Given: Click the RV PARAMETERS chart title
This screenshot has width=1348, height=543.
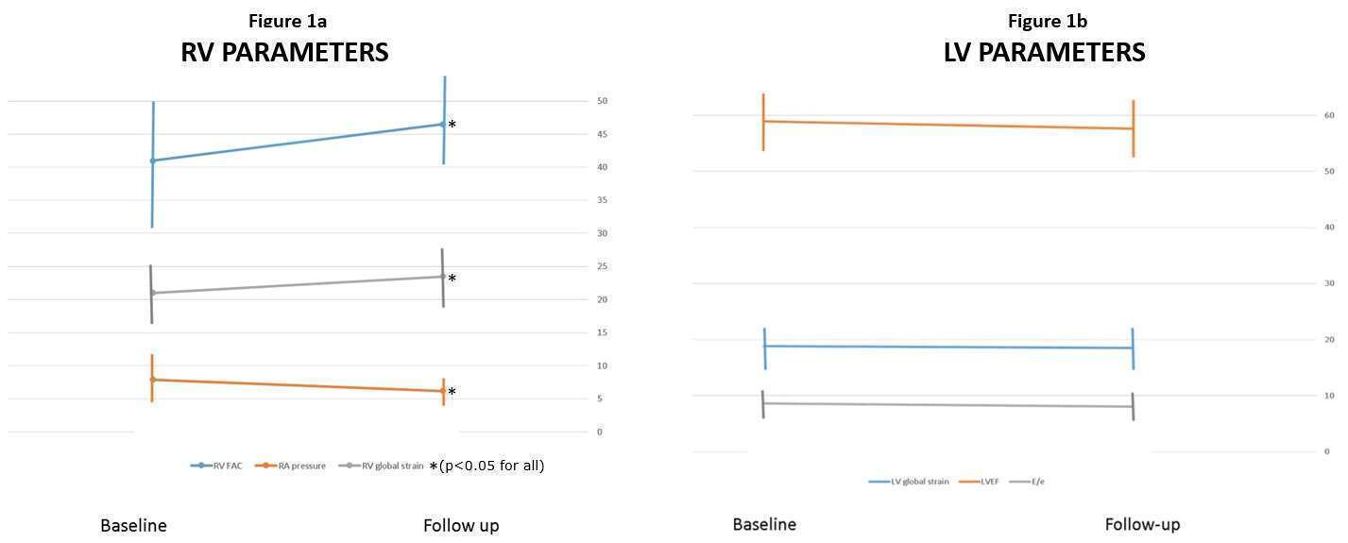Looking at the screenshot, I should (284, 53).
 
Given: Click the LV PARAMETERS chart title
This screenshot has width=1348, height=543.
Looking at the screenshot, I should (1044, 53).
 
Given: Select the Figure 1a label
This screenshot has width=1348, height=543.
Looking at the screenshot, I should (288, 21).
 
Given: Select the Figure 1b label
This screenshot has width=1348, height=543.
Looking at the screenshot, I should (1048, 21).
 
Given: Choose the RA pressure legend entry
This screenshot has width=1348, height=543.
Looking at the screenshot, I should (301, 466).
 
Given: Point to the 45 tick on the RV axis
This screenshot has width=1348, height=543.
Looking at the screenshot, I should (602, 134).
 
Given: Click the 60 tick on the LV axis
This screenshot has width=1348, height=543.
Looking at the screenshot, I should (1328, 115).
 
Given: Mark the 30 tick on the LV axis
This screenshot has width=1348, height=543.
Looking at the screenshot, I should (1328, 283).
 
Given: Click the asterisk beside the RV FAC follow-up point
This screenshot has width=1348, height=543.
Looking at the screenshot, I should (452, 126).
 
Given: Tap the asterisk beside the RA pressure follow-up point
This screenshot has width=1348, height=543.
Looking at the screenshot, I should (452, 393).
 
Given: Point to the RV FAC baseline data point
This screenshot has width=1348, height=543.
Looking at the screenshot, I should (152, 161).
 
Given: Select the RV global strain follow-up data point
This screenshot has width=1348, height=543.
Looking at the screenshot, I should (442, 277).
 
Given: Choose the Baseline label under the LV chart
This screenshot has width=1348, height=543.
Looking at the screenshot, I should (764, 524).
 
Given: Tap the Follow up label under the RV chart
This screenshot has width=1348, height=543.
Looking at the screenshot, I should (461, 525).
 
